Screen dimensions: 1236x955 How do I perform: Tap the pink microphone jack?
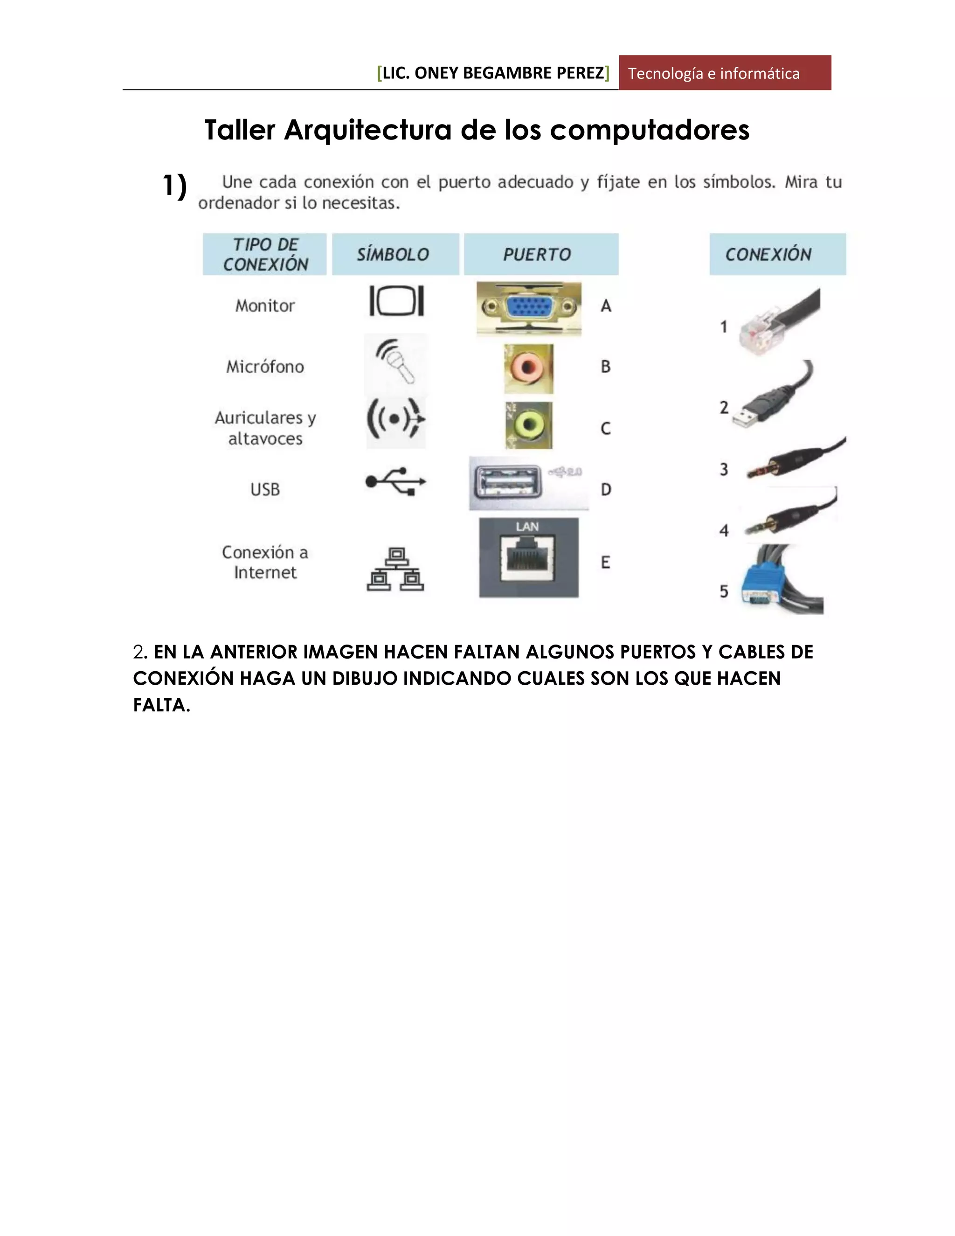point(528,368)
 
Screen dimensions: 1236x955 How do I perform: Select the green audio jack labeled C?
point(528,425)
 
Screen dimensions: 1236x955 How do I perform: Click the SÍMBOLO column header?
point(394,254)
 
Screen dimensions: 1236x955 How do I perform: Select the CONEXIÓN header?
point(777,254)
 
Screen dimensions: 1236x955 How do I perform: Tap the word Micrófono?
point(265,367)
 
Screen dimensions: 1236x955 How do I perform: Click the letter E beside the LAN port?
point(605,562)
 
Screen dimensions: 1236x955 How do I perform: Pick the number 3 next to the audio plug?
point(724,469)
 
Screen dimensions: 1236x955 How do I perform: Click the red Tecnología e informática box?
point(724,73)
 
